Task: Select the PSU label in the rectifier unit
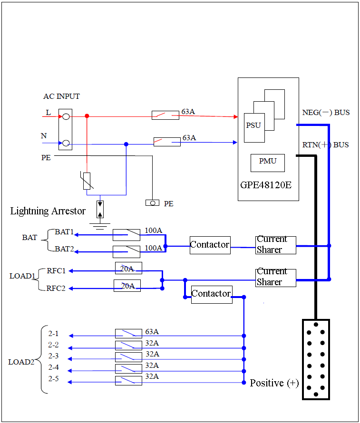(x=253, y=125)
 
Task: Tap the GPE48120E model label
(x=266, y=185)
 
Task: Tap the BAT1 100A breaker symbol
(x=126, y=235)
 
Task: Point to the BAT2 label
(x=64, y=249)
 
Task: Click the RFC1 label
(x=56, y=271)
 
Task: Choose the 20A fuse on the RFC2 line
(x=127, y=286)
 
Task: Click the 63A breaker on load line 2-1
(x=128, y=334)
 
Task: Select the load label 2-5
(x=53, y=379)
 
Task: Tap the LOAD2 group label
(x=21, y=362)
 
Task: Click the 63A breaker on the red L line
(x=165, y=115)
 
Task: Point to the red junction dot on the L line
(x=87, y=116)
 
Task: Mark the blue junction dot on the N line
(x=126, y=144)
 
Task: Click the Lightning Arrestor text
(x=48, y=211)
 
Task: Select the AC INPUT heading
(x=61, y=96)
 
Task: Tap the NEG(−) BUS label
(x=326, y=113)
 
